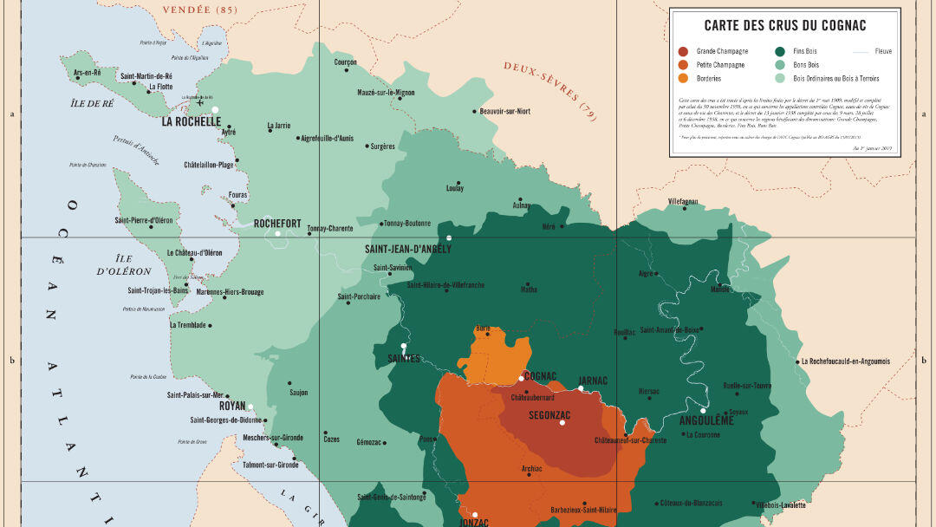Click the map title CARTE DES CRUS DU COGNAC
pyautogui.click(x=784, y=26)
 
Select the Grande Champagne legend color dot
pyautogui.click(x=684, y=51)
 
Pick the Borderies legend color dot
pyautogui.click(x=684, y=78)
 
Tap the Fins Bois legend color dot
pyautogui.click(x=780, y=51)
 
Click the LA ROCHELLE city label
pyautogui.click(x=192, y=122)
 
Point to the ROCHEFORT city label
pyautogui.click(x=277, y=224)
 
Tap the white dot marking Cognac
pyautogui.click(x=522, y=378)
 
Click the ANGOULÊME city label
pyautogui.click(x=707, y=420)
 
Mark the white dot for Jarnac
pyautogui.click(x=582, y=388)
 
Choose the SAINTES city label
pyautogui.click(x=404, y=358)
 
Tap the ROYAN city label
pyautogui.click(x=232, y=406)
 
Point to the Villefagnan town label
pyautogui.click(x=683, y=201)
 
